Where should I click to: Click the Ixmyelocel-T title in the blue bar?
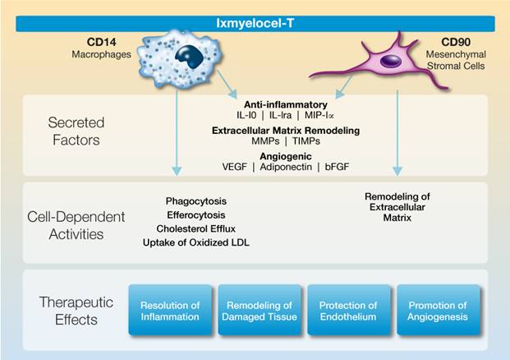[255, 24]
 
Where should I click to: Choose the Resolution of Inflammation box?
[171, 311]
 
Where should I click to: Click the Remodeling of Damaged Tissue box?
[259, 311]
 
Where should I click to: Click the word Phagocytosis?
[195, 201]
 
